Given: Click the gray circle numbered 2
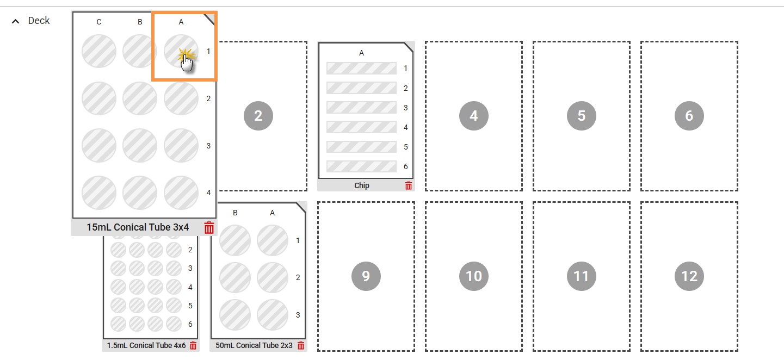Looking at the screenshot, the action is tap(258, 116).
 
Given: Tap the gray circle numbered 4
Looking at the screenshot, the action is tap(474, 116).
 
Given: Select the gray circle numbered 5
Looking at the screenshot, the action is tap(582, 116).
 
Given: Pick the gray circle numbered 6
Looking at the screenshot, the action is tap(689, 116).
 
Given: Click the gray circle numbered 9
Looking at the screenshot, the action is tap(366, 276).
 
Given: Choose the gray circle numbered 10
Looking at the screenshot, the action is tap(474, 276).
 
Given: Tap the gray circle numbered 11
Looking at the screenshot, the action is tap(582, 276).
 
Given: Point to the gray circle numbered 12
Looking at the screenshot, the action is tap(689, 276).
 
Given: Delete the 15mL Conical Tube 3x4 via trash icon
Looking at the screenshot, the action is tap(209, 227).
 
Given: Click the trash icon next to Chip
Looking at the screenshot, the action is tap(409, 185).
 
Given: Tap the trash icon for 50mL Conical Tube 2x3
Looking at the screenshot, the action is tap(301, 345).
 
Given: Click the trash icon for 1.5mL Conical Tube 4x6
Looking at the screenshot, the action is tap(193, 345).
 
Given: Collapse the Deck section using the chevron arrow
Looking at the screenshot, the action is tap(15, 21).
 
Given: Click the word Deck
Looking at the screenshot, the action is tap(39, 21).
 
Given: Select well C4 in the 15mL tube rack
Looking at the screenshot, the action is tap(99, 193).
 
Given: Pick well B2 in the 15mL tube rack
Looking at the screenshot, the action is tap(140, 98).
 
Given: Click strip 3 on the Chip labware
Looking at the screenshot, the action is tap(362, 108).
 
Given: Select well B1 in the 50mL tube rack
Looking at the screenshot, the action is tap(235, 240).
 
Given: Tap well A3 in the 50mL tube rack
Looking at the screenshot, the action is tap(273, 315).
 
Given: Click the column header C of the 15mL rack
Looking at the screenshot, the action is tap(99, 22).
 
